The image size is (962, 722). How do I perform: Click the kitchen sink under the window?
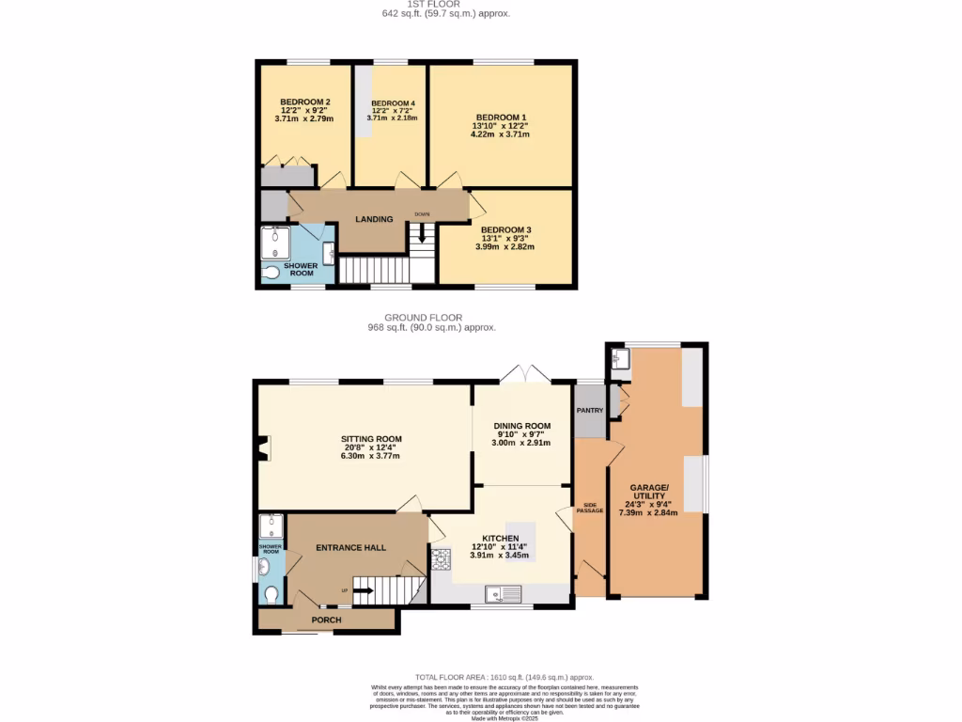coord(504,593)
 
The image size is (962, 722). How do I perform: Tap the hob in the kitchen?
coord(441,562)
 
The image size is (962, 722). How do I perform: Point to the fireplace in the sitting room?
coord(265,449)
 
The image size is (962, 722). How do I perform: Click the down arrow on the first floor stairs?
coord(422,228)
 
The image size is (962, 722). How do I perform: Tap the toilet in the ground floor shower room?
coord(271,595)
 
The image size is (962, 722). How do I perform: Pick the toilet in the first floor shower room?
coord(271,273)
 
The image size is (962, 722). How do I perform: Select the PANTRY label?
coord(590,411)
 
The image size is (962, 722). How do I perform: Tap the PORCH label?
coord(326,620)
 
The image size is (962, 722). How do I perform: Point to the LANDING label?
coord(373,219)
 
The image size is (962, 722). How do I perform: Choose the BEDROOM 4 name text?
coord(393,103)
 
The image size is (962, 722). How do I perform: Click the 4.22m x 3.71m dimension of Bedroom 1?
coord(500,134)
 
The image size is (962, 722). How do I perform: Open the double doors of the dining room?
coord(522,373)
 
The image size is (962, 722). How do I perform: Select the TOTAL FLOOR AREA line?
coord(504,677)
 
